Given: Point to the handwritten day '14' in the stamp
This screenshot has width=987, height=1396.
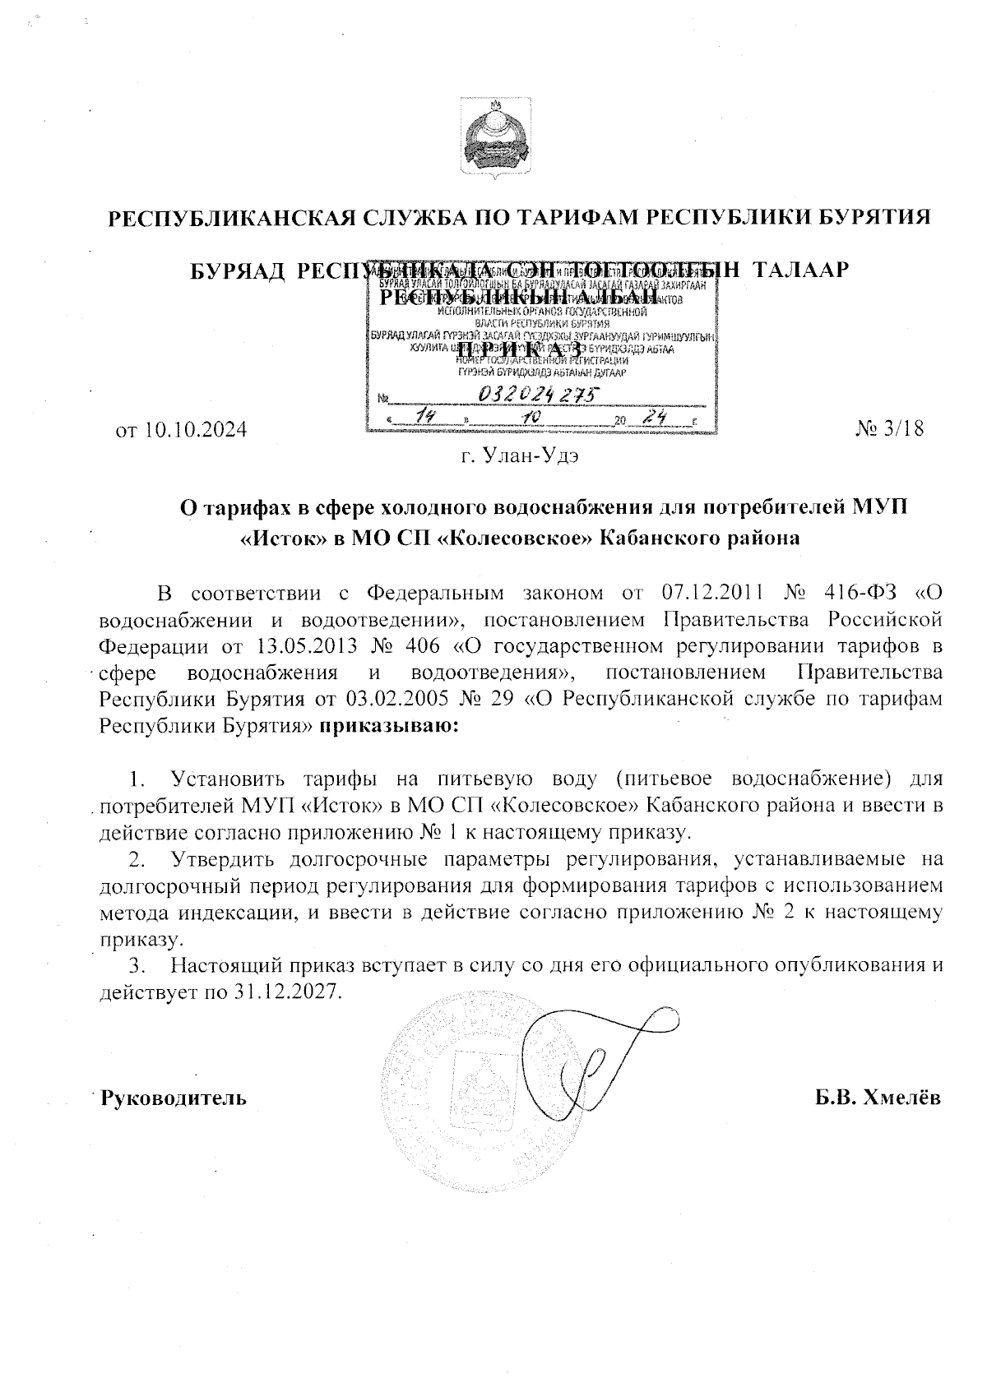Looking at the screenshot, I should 427,418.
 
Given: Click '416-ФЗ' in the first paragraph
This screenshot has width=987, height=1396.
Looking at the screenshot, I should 860,593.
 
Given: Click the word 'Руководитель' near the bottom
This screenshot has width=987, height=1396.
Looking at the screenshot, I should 174,1098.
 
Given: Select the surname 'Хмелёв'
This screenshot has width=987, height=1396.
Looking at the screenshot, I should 901,1098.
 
